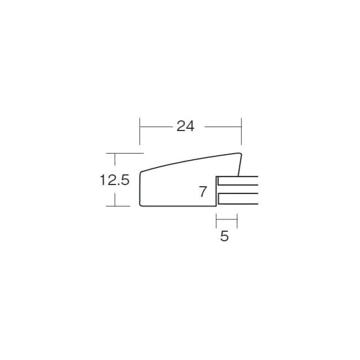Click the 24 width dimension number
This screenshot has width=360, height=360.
coord(185,126)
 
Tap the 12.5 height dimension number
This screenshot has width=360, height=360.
coord(115,180)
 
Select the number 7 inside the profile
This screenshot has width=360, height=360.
coord(202,191)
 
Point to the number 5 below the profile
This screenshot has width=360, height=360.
coord(224,236)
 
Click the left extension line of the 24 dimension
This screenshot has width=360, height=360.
coord(140,131)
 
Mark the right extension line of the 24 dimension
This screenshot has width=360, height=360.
coord(241,131)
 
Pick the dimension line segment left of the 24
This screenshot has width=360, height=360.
coord(156,127)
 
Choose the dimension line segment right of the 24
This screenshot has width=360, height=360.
coord(223,127)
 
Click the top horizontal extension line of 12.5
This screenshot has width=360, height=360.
coord(125,153)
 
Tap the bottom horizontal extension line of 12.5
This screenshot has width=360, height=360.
coord(118,206)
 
